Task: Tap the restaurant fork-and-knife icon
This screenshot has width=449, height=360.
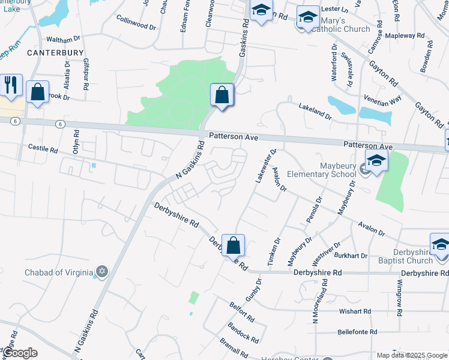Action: tap(10, 85)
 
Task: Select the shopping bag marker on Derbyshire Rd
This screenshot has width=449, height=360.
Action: tap(233, 244)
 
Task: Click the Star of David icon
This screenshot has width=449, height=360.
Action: tap(101, 272)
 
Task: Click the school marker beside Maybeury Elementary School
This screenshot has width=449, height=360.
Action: tap(376, 160)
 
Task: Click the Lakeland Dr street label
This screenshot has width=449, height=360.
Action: tap(315, 110)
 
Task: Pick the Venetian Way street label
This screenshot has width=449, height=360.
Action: tap(382, 99)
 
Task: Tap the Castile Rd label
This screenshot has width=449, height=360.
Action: tap(43, 147)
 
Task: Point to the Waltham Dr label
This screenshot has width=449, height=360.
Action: tap(63, 39)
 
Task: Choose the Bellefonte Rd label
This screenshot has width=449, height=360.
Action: tap(357, 331)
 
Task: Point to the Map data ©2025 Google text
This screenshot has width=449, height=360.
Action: tap(412, 355)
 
